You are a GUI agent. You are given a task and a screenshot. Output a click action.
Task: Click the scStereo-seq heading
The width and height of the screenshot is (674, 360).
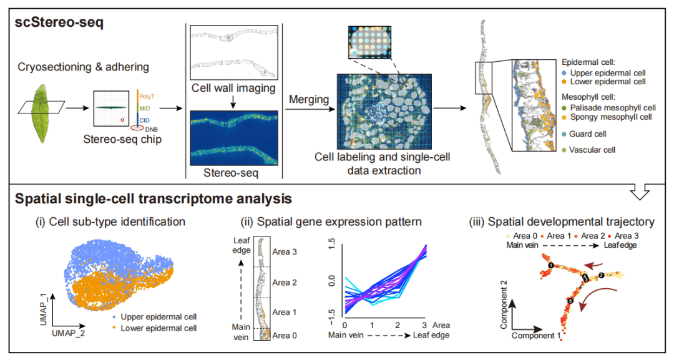pos(61,24)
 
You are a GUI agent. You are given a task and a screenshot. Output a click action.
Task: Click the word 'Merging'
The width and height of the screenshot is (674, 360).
pos(308,99)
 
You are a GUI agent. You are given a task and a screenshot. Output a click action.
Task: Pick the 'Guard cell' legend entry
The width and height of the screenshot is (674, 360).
pos(586,134)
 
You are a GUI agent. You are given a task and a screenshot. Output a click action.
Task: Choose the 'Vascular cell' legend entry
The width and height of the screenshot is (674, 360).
pos(591,150)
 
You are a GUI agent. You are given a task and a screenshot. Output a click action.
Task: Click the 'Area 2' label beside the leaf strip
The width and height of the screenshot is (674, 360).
pos(285,283)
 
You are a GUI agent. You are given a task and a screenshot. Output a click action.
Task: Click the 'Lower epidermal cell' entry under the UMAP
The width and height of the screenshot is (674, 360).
pos(159,328)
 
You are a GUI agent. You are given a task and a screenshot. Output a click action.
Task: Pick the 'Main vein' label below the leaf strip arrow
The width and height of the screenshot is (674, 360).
pos(241,331)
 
